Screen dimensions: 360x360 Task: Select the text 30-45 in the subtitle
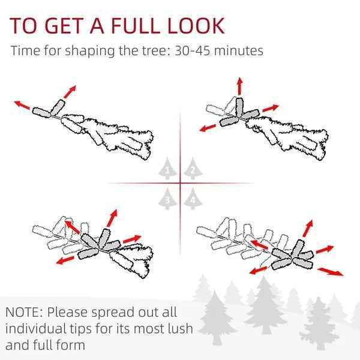192,50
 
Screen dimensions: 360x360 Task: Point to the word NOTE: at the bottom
24,312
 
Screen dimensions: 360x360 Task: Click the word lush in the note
180,328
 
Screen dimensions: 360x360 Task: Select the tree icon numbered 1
167,169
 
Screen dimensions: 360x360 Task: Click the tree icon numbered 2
193,169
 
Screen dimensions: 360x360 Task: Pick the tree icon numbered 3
167,199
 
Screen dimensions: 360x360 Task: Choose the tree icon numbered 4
193,199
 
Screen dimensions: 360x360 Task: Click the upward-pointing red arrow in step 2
239,86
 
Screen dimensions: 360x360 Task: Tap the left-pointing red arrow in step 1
22,105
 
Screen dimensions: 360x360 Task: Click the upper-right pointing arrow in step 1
70,92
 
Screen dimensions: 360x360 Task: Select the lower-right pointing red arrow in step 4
331,272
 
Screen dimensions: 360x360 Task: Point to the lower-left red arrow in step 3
65,260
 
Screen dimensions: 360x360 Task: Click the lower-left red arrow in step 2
208,128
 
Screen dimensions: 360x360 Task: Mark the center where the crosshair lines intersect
180,183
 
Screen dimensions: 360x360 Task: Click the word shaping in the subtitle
90,51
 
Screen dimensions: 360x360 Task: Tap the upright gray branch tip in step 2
239,107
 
